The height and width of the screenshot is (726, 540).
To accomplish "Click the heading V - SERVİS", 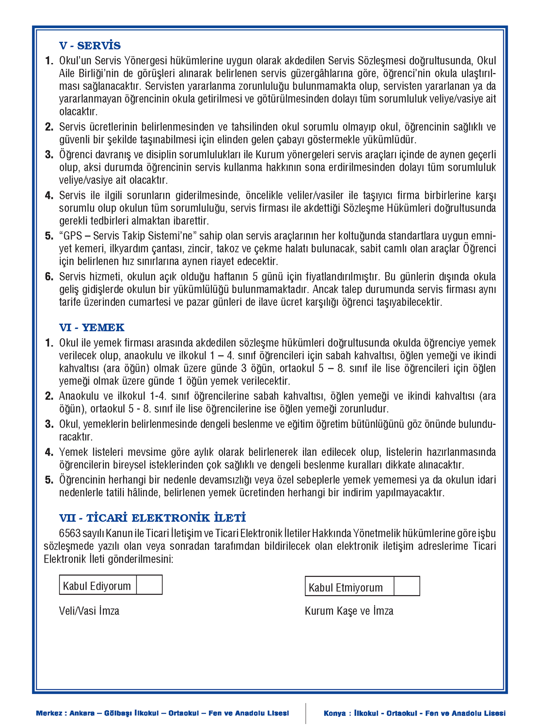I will (90, 46).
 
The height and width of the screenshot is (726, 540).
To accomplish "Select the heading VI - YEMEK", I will (92, 327).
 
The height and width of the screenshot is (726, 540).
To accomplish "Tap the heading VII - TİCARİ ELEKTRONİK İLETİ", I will (152, 518).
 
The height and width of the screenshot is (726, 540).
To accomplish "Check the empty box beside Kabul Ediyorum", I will (149, 585).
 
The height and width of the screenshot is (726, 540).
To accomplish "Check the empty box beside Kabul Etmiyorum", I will (407, 586).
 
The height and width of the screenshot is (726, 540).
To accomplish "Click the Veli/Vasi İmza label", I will (89, 611).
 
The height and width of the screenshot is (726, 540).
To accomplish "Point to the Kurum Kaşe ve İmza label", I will (349, 611).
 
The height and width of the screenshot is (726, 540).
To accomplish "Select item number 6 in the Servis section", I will (49, 277).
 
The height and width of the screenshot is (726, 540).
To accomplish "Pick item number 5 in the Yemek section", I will (49, 480).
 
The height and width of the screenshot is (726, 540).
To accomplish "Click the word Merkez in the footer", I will (49, 713).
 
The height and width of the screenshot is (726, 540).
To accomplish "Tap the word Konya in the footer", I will (334, 713).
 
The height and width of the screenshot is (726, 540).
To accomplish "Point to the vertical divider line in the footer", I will (306, 713).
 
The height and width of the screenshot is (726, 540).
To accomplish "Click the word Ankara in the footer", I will (82, 713).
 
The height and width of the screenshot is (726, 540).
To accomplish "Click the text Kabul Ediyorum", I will (97, 586).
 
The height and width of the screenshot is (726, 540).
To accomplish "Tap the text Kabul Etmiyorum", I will (346, 588).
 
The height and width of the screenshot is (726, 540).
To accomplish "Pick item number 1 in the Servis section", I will (49, 61).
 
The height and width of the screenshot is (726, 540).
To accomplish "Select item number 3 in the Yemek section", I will (49, 424).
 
